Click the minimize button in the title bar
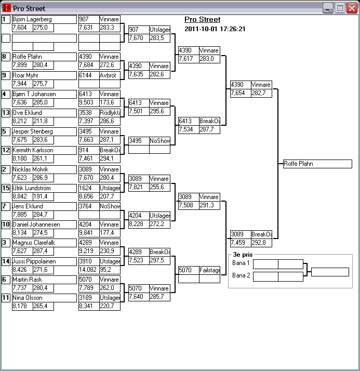click(x=328, y=8)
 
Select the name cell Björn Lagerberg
click(x=44, y=19)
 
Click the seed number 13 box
click(x=6, y=113)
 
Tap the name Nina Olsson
click(x=44, y=298)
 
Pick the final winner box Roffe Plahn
click(x=317, y=164)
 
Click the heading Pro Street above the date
click(x=203, y=20)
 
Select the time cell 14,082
click(x=89, y=270)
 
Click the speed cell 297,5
click(x=159, y=260)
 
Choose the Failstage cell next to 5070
click(x=209, y=270)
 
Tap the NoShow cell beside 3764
click(x=110, y=206)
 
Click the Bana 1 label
click(x=241, y=263)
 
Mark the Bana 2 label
click(x=241, y=275)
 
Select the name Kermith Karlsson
click(x=44, y=150)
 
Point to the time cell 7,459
click(x=240, y=243)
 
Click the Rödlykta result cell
click(x=110, y=113)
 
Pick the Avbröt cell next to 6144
click(x=110, y=75)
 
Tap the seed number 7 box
click(x=6, y=206)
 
